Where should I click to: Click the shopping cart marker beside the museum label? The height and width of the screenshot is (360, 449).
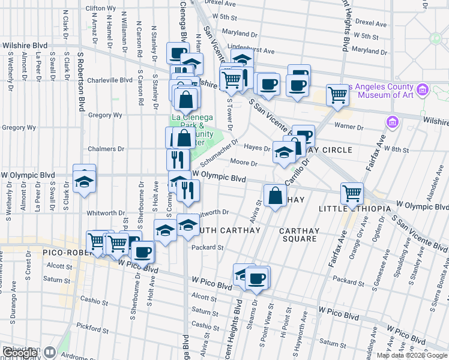[x=338, y=95]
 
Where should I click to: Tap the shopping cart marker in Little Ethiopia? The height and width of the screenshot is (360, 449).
[x=352, y=193]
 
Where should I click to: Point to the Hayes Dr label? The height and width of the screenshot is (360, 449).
[x=257, y=148]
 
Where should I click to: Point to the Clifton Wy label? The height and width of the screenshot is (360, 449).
[x=101, y=8]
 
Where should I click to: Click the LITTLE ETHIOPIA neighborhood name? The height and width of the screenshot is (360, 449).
[x=355, y=208]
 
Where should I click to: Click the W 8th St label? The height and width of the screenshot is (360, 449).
[x=397, y=148]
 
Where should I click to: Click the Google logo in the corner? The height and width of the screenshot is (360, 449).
[x=20, y=353]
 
